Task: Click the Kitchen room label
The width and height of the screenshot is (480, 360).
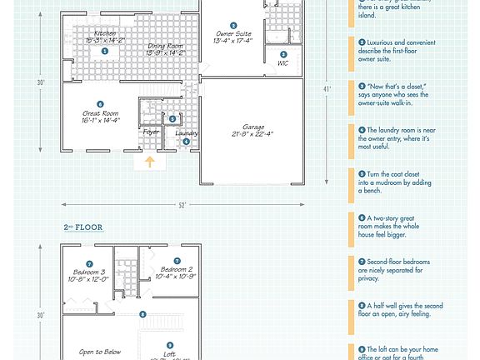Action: (105, 32)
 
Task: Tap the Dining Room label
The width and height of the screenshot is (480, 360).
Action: (167, 47)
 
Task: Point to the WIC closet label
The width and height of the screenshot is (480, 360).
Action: (282, 62)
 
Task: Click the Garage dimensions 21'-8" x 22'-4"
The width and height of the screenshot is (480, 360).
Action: (252, 134)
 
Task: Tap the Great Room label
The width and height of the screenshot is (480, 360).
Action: (101, 113)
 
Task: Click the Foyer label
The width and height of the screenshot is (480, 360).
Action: (151, 132)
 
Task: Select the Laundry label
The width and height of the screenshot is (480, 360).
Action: (187, 132)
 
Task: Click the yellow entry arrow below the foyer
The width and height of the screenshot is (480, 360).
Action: (150, 162)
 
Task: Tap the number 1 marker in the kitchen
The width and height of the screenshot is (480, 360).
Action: (105, 51)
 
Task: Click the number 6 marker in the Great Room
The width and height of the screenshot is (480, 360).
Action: (101, 104)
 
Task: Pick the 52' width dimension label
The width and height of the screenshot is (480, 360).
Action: (182, 204)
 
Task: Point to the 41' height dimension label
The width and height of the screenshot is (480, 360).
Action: (327, 88)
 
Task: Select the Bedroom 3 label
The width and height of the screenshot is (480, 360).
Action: (89, 272)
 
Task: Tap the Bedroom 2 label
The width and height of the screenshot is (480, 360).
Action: (177, 270)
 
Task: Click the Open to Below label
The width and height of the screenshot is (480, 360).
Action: (100, 352)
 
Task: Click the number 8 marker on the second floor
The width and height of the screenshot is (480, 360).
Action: (142, 314)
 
